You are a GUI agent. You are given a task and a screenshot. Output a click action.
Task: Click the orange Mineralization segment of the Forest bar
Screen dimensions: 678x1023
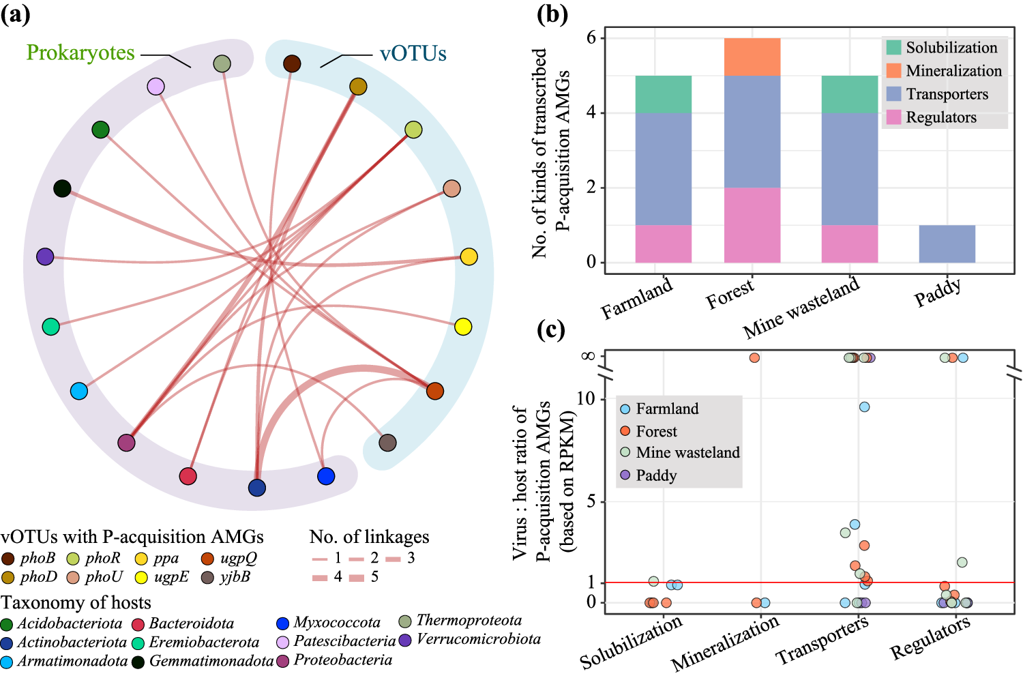752,57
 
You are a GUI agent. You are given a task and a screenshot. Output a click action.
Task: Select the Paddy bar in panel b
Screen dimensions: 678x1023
947,244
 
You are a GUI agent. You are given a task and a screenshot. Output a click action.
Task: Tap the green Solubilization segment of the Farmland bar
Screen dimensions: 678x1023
663,94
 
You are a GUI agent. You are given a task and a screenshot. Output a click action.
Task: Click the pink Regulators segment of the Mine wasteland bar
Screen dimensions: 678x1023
849,244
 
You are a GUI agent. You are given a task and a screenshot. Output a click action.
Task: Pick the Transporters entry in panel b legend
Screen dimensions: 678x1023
946,94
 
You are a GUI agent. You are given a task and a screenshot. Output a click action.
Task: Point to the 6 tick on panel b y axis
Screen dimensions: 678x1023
591,38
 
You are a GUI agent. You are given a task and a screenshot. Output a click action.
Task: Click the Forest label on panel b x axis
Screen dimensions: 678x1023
730,295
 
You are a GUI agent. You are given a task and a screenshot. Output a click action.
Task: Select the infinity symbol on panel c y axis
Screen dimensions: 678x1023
587,356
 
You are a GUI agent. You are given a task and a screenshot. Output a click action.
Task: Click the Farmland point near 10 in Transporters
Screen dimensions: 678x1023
864,407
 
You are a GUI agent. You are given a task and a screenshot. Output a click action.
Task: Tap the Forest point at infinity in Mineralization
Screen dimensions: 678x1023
754,357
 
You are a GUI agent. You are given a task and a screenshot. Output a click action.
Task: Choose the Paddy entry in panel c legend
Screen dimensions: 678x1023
655,475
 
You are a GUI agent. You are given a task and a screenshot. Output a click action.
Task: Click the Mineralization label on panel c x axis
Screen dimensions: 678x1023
725,643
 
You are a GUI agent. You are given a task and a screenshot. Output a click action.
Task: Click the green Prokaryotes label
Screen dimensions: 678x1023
80,53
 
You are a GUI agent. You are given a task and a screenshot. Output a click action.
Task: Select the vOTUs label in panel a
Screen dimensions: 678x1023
413,54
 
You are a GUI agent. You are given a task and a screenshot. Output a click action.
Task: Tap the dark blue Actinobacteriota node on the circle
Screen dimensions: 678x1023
256,488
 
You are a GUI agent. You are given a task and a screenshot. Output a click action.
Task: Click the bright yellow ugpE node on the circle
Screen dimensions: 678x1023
463,327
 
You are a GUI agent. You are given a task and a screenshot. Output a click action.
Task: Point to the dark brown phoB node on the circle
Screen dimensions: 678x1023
292,64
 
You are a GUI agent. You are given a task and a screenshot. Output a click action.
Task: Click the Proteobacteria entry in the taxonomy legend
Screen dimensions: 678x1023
342,660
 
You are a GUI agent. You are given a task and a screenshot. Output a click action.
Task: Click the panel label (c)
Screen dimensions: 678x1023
551,329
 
